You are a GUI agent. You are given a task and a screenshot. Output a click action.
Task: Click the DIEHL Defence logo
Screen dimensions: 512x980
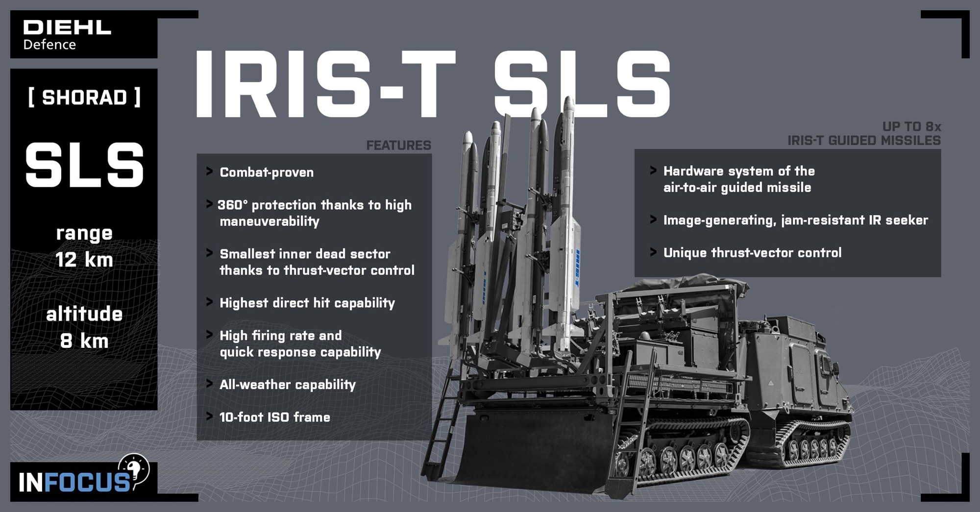(67, 35)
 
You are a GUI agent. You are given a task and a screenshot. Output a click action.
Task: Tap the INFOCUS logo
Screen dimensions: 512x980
(81, 479)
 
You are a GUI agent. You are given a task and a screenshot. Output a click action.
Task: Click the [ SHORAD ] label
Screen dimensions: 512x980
(84, 98)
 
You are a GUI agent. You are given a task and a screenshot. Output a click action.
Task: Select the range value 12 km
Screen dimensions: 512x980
(84, 260)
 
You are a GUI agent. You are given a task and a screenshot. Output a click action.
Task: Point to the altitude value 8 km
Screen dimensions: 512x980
(84, 341)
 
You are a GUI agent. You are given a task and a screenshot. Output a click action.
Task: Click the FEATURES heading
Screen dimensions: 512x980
(398, 146)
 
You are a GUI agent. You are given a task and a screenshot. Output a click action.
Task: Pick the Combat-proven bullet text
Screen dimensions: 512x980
(267, 172)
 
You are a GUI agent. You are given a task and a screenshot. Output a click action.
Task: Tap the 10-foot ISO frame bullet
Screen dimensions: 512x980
(274, 417)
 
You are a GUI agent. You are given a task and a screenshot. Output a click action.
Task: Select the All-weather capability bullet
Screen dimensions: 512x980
(287, 385)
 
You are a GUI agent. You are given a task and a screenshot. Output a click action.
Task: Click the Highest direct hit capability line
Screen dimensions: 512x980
(307, 303)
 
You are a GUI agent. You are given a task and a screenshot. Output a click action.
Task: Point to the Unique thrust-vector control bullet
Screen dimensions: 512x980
(752, 253)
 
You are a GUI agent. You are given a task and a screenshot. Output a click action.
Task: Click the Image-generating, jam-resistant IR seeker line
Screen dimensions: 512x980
(795, 220)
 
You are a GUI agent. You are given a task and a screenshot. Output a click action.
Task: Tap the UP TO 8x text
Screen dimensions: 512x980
(911, 127)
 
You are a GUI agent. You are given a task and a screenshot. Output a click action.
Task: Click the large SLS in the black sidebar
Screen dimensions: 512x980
(84, 166)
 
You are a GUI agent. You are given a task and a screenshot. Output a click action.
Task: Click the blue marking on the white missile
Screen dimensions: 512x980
(577, 267)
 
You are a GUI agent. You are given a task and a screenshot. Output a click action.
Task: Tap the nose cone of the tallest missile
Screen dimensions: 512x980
(568, 103)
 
